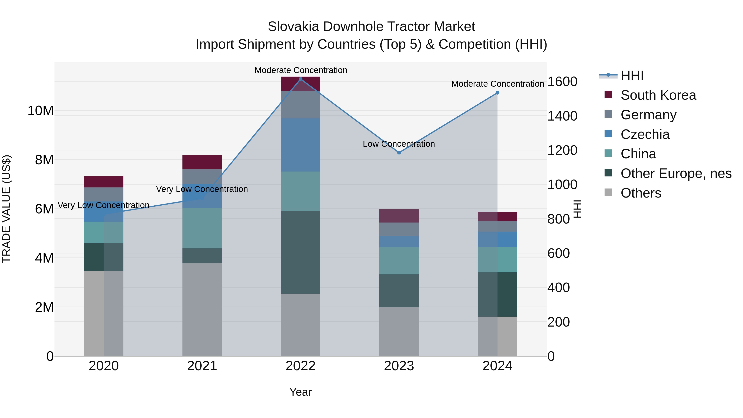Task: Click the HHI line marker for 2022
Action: [x=301, y=79]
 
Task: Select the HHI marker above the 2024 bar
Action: [x=497, y=93]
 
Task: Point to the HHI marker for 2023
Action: [x=399, y=153]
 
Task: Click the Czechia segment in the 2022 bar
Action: [x=301, y=145]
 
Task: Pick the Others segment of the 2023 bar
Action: [x=399, y=332]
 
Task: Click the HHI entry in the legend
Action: [x=632, y=76]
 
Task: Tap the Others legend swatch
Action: [x=608, y=192]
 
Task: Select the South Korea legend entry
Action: [x=658, y=95]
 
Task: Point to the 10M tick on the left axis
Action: [x=40, y=111]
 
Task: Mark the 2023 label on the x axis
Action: [x=399, y=366]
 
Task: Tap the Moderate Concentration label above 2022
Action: [x=301, y=70]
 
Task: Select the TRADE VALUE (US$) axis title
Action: [x=6, y=209]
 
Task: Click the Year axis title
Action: [x=300, y=392]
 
